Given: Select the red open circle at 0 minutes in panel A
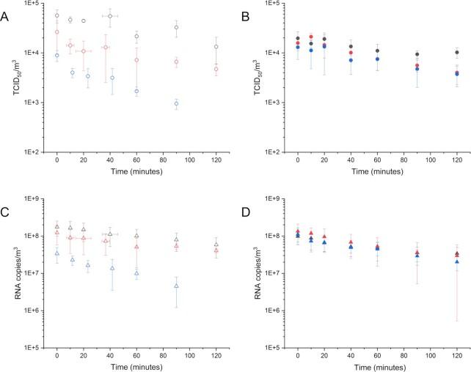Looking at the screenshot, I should point(57,32).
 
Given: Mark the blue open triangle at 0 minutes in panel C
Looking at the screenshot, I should point(57,253).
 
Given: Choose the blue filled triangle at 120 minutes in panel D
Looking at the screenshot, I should point(456,261).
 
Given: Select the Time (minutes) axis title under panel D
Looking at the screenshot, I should point(376,366).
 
